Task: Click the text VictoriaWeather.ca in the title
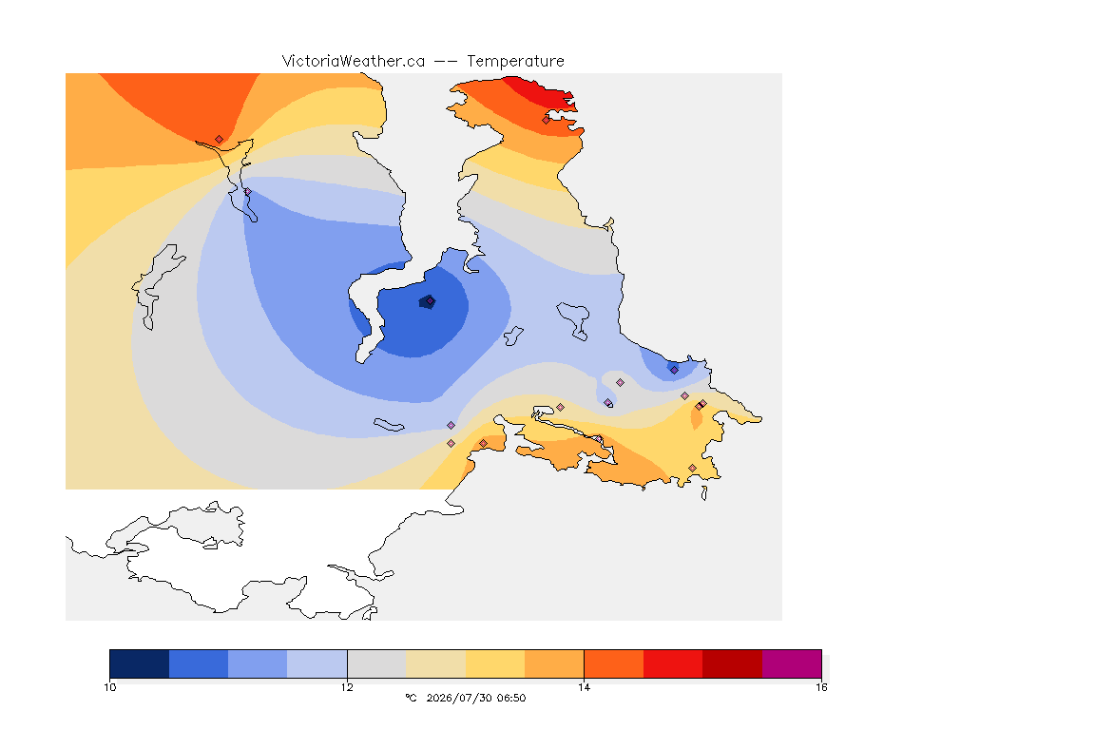(354, 62)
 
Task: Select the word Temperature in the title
(515, 62)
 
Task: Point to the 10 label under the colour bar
(110, 687)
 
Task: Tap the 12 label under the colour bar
(347, 687)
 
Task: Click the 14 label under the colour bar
(584, 687)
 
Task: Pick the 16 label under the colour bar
(821, 687)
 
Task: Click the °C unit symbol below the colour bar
(411, 698)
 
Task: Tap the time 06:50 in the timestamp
(511, 698)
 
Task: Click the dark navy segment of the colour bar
(140, 663)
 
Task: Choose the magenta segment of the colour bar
(792, 663)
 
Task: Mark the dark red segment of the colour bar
(733, 663)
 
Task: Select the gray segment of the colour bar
(377, 663)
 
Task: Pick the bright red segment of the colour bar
(673, 663)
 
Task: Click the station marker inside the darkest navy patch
(431, 301)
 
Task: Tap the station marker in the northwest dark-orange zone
(220, 140)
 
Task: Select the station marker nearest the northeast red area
(547, 120)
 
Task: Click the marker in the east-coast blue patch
(674, 371)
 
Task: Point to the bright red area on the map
(541, 94)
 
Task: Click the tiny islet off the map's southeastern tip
(704, 493)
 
